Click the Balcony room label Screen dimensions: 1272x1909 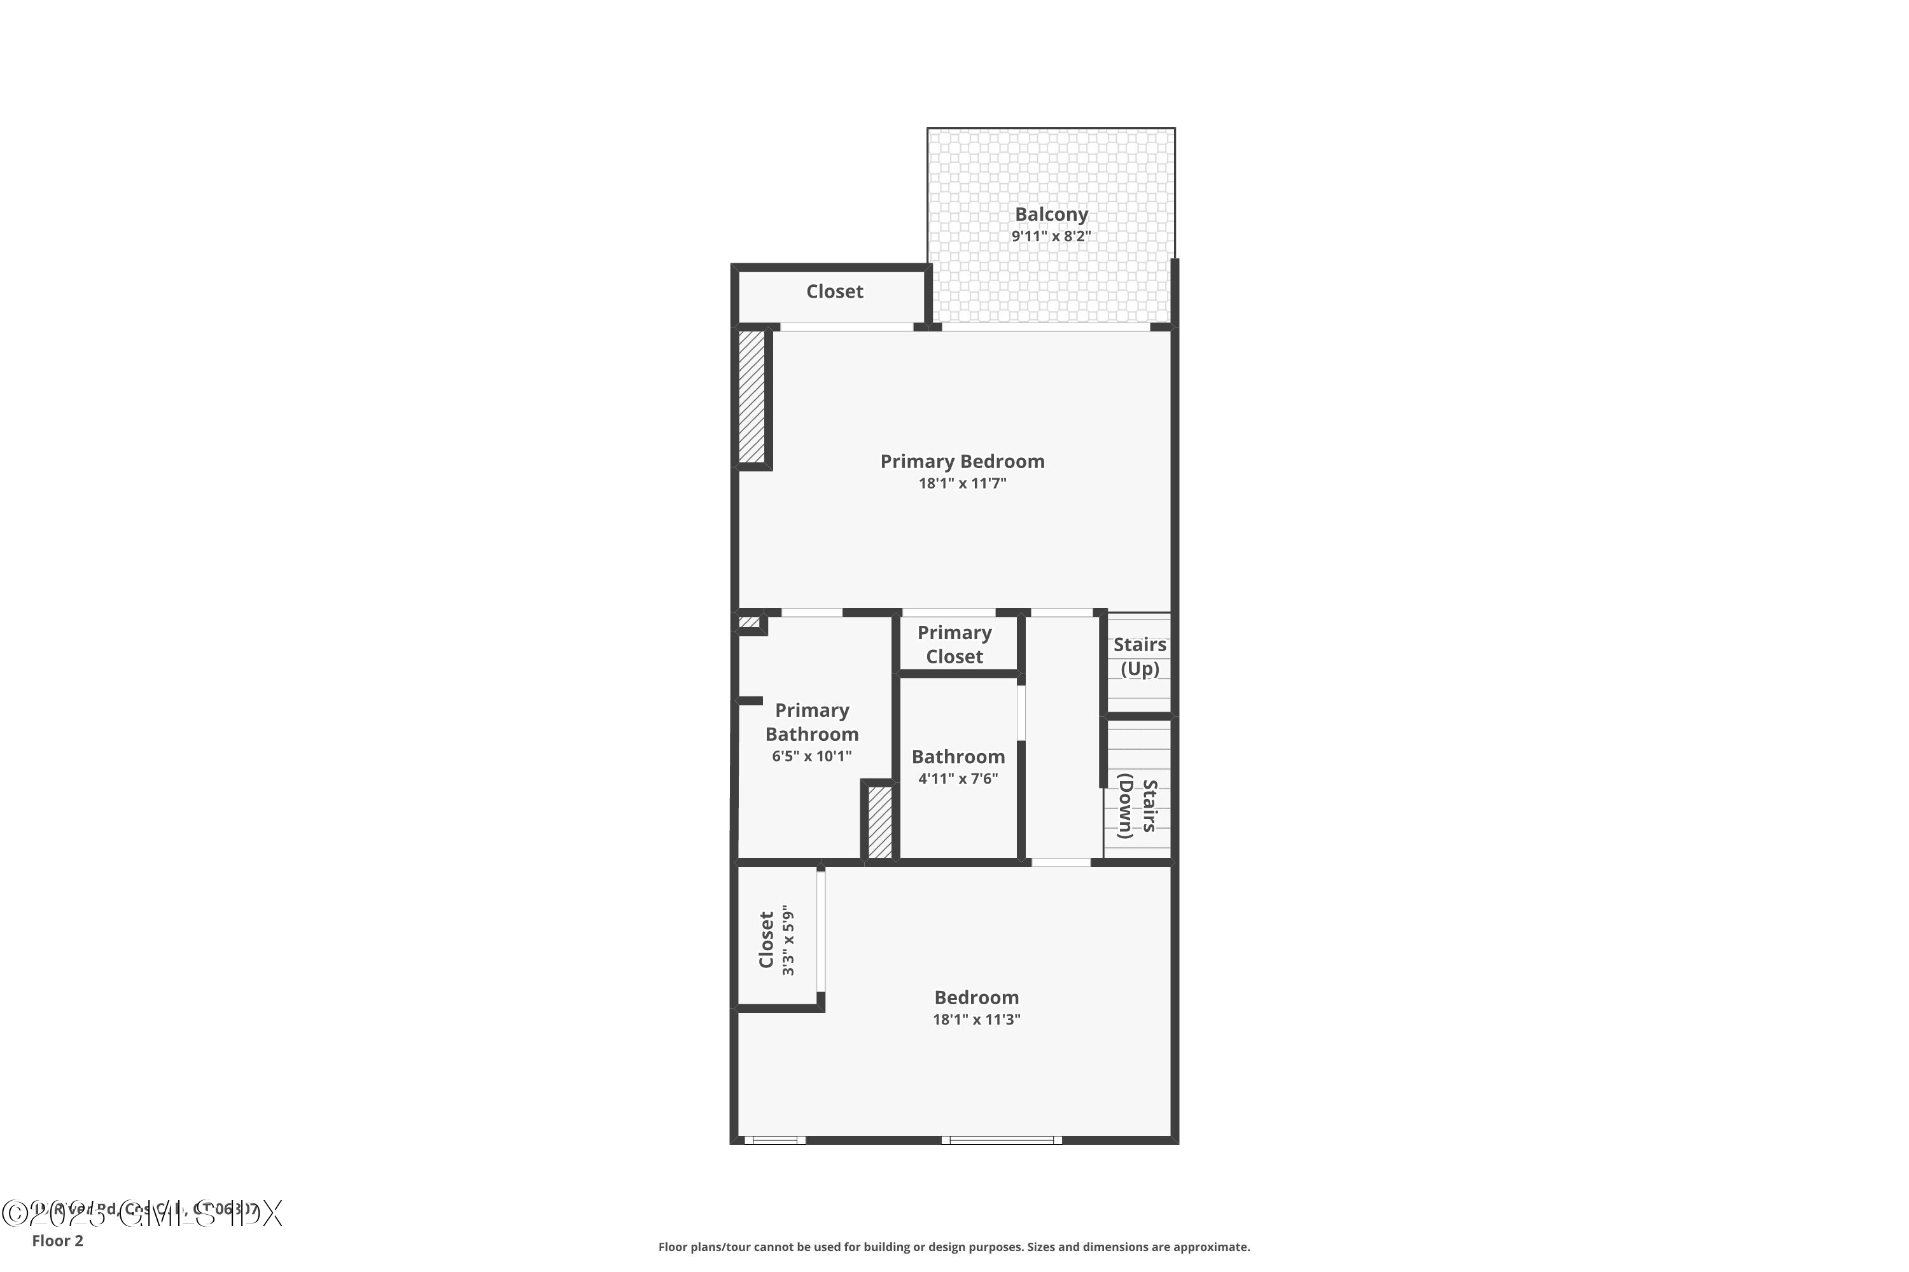pyautogui.click(x=1051, y=214)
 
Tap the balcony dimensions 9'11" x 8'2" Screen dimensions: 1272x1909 pyautogui.click(x=1051, y=237)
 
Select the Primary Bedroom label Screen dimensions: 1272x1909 pyautogui.click(x=961, y=462)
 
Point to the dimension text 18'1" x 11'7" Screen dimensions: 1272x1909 pyautogui.click(x=961, y=483)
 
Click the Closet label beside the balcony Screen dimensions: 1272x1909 pyautogui.click(x=834, y=291)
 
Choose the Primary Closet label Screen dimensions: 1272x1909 pyautogui.click(x=954, y=645)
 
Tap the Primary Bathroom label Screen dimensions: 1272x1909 pyautogui.click(x=812, y=722)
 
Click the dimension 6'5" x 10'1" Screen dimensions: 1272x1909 pyautogui.click(x=812, y=757)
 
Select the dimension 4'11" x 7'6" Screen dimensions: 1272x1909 pyautogui.click(x=958, y=778)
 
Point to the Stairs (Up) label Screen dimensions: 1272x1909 pyautogui.click(x=1140, y=656)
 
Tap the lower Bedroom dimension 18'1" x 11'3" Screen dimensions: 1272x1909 pyautogui.click(x=976, y=1020)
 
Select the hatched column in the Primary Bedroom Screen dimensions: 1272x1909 pyautogui.click(x=752, y=397)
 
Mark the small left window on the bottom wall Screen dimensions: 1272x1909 pyautogui.click(x=775, y=1140)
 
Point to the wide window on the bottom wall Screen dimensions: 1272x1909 pyautogui.click(x=1002, y=1140)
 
